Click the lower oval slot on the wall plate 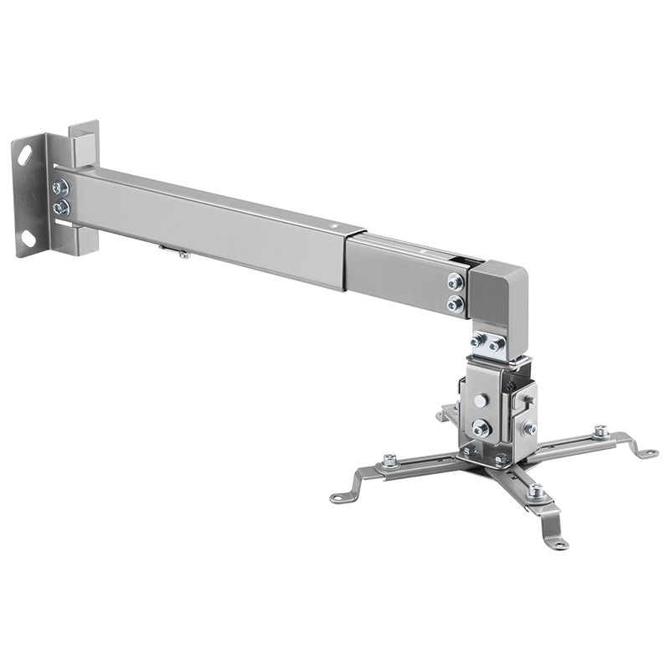[28, 236]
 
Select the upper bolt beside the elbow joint [455, 282]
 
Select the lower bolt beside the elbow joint [454, 303]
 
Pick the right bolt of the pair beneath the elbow [497, 344]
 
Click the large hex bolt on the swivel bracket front [480, 428]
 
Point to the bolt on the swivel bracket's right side [530, 428]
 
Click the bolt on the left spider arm [389, 461]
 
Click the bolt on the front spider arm [536, 492]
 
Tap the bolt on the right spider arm [600, 432]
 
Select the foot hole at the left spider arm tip [337, 497]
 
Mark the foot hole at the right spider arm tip [646, 452]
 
